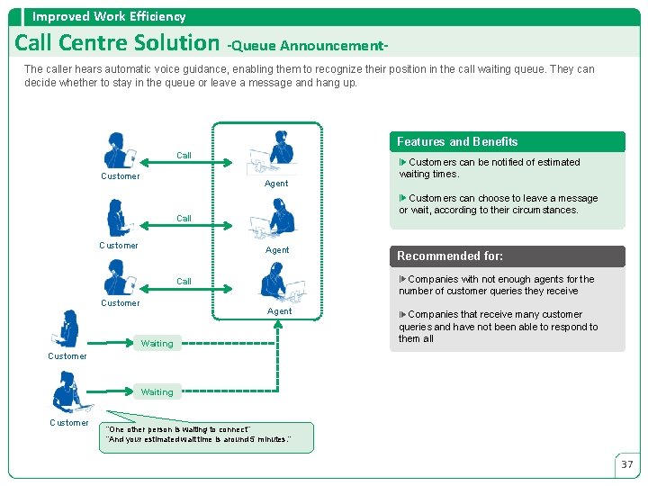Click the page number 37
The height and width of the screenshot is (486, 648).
tap(626, 464)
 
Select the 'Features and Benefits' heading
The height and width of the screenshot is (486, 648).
tap(457, 141)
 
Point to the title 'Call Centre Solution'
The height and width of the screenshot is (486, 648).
tap(117, 42)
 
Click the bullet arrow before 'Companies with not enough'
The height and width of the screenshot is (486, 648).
tap(402, 279)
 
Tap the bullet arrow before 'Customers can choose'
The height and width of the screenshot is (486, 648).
tap(403, 198)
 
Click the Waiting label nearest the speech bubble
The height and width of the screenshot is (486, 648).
tap(157, 392)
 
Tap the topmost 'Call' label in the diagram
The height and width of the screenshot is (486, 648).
tap(184, 156)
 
